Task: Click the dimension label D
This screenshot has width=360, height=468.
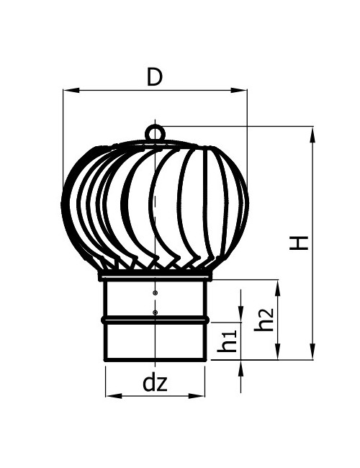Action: point(155,77)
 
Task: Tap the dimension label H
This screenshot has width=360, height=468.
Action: point(299,243)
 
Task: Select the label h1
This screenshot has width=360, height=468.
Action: point(227,341)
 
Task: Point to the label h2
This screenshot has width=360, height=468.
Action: point(264,320)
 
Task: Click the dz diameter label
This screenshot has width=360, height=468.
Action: point(155,383)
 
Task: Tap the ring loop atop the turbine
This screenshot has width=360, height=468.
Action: point(155,133)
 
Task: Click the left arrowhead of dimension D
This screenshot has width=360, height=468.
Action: point(71,90)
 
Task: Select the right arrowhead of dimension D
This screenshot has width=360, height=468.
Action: point(239,90)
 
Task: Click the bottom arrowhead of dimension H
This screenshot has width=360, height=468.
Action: point(312,351)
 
